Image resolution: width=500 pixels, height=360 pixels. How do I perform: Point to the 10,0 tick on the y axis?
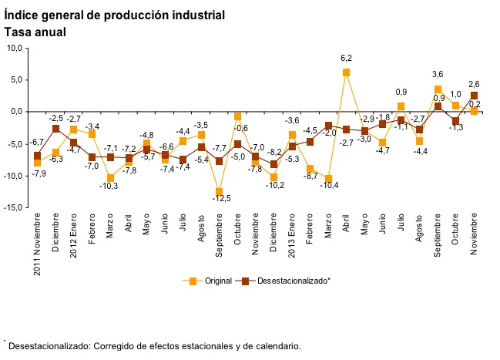coord(14,48)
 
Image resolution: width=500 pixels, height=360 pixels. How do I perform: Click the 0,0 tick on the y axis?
coord(15,112)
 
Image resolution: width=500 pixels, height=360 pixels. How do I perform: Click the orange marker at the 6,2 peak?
coord(347,72)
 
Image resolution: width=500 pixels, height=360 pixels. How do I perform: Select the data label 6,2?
coord(347,58)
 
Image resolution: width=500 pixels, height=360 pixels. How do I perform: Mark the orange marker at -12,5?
coord(220,192)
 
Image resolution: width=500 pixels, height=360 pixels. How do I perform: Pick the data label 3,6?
coord(437,75)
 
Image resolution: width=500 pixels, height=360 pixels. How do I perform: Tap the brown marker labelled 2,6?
coord(475,96)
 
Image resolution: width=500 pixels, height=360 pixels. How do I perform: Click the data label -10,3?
coord(110,187)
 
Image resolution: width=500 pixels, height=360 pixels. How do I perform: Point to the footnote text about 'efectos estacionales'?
coord(154,346)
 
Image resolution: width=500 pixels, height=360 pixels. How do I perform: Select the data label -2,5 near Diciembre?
coord(56,119)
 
